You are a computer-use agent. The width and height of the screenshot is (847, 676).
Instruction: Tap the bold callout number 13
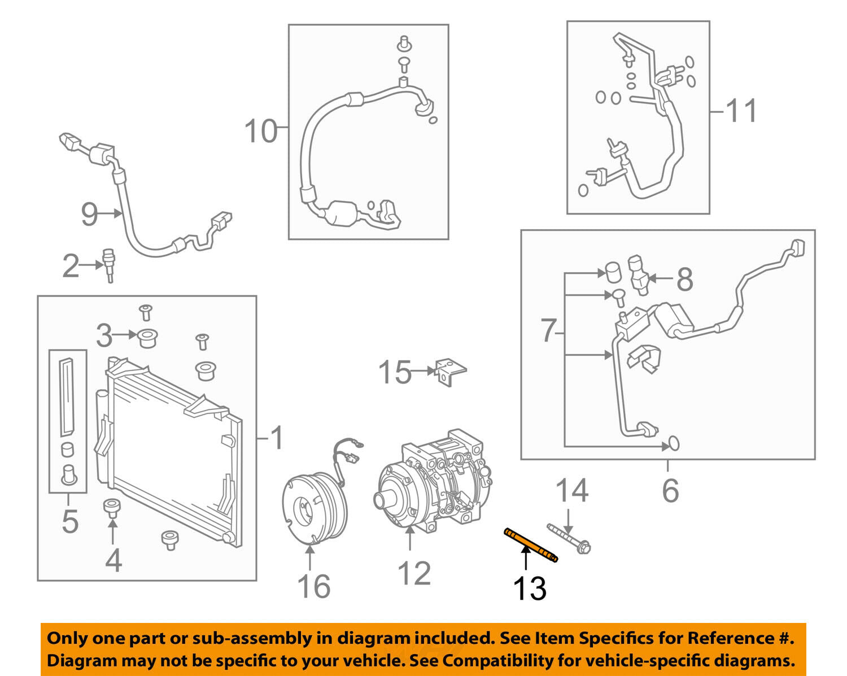529,588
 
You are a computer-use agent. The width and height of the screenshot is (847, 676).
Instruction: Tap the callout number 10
261,131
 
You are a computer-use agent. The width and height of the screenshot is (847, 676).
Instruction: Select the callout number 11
741,111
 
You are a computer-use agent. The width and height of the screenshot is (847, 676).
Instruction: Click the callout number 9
89,214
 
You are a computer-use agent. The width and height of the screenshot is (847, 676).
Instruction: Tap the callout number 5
69,521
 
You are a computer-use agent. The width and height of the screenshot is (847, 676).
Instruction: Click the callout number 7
548,330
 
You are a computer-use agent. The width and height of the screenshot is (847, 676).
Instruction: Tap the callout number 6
670,490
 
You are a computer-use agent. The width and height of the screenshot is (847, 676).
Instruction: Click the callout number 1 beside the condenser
276,438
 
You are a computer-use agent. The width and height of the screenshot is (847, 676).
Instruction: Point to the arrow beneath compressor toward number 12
410,539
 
